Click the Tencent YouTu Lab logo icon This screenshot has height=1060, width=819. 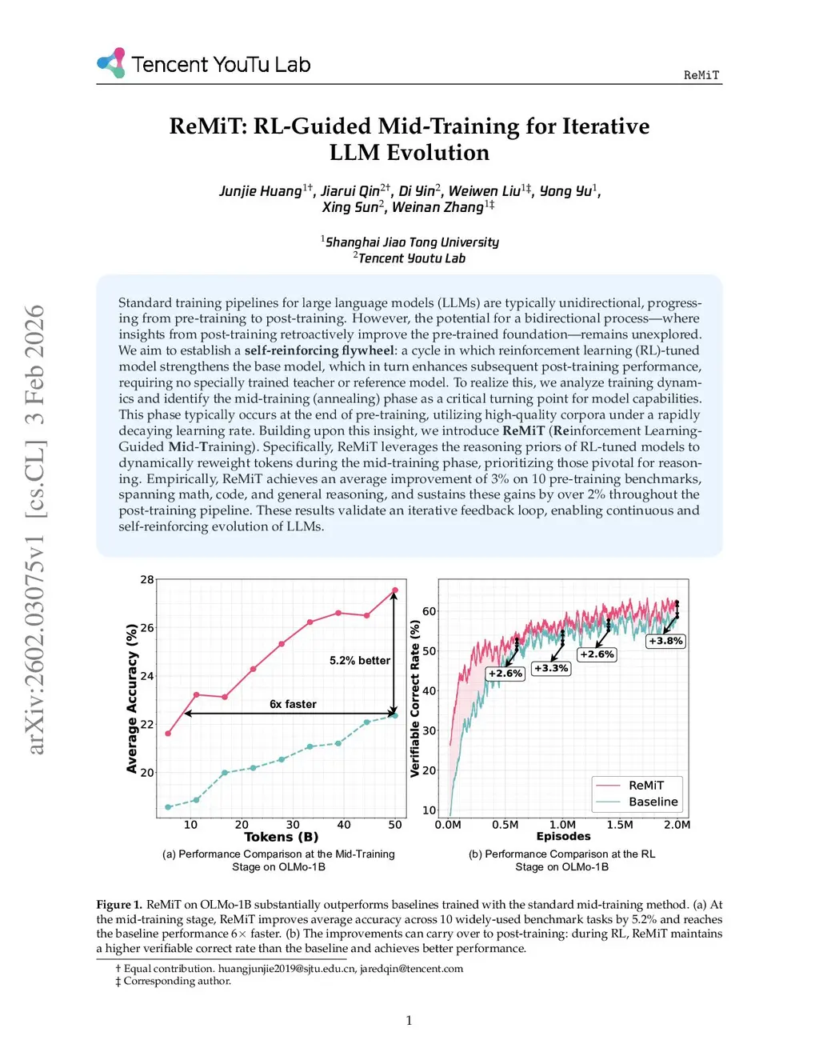[x=111, y=62]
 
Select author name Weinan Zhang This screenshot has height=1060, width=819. [x=437, y=207]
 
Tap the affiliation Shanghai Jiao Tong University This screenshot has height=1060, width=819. [x=412, y=242]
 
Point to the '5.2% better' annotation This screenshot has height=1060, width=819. [x=360, y=661]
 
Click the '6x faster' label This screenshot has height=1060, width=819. [x=293, y=704]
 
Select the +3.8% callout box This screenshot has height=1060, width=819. [x=665, y=641]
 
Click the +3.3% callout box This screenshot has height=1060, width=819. [x=551, y=668]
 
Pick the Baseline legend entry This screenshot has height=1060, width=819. [x=653, y=802]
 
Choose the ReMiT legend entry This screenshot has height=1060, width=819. [x=645, y=786]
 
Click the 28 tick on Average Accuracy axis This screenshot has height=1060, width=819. [x=147, y=579]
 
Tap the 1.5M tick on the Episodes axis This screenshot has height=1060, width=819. [x=620, y=825]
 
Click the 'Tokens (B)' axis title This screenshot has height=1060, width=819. [x=281, y=837]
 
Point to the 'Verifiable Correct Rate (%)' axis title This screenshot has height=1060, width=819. [x=415, y=698]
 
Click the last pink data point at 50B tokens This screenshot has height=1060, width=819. [x=394, y=591]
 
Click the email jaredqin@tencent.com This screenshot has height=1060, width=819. [x=411, y=969]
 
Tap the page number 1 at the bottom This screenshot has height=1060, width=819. [x=409, y=1020]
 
